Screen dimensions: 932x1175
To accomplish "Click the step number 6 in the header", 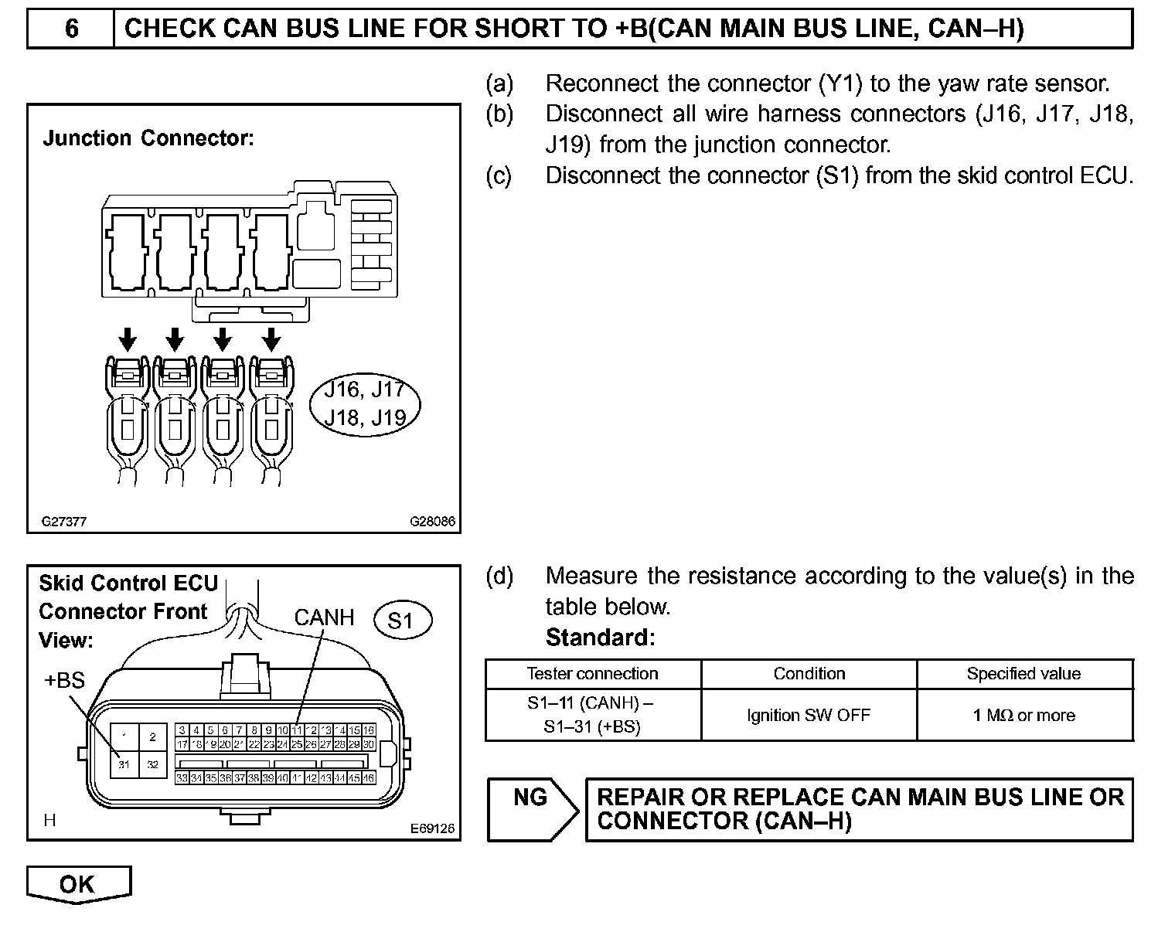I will (x=71, y=29).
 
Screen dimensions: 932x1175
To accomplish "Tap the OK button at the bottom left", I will (x=78, y=883).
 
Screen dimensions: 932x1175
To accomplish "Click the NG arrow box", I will (x=532, y=808).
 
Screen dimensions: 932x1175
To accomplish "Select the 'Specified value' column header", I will (x=1024, y=674).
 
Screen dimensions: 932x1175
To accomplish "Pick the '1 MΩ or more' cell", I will (x=1024, y=716).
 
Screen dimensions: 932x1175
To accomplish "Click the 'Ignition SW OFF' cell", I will (x=809, y=716).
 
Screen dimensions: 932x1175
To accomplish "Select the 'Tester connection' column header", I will (x=592, y=674).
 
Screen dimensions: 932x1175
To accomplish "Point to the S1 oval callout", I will (x=400, y=621).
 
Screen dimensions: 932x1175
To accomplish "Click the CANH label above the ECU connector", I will (x=324, y=617).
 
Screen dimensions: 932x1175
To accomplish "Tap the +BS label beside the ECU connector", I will (x=64, y=681).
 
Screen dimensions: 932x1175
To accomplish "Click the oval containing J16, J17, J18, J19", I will (x=365, y=404).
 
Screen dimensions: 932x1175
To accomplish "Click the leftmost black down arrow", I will (x=128, y=338).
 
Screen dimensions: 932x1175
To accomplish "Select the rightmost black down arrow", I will (x=271, y=338).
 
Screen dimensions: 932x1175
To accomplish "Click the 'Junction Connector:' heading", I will (x=148, y=139).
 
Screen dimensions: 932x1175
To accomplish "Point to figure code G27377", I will (x=64, y=522).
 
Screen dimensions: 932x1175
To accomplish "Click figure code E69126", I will (x=432, y=828).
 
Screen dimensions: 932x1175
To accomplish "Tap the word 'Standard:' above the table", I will (x=600, y=638).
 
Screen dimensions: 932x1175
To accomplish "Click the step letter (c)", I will (x=499, y=176).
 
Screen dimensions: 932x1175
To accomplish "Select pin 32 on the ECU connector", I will (x=153, y=764).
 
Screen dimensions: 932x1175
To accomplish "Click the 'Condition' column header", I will (x=809, y=674).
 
